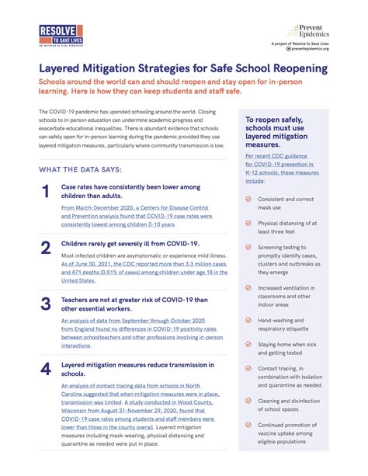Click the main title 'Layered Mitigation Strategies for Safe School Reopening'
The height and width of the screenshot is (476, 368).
click(x=182, y=68)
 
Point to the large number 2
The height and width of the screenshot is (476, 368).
click(x=45, y=248)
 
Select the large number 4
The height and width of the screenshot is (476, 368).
click(x=45, y=369)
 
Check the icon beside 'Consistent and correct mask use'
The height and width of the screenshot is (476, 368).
click(x=248, y=199)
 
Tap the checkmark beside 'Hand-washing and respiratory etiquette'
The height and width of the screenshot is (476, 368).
click(x=248, y=320)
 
